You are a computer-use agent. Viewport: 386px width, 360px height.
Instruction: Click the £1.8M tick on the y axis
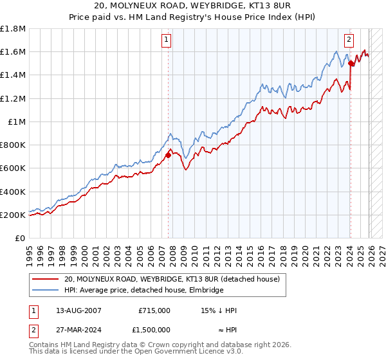13,29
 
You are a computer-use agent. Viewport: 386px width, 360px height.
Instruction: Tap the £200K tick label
13,215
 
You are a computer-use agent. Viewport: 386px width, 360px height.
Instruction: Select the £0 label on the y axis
21,238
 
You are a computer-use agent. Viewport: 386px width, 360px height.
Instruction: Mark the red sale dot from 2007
168,155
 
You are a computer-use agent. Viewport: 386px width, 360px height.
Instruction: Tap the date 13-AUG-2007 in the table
74,310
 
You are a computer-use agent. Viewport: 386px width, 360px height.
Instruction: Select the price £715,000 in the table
154,310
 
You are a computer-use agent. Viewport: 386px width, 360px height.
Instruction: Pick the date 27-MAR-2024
74,329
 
